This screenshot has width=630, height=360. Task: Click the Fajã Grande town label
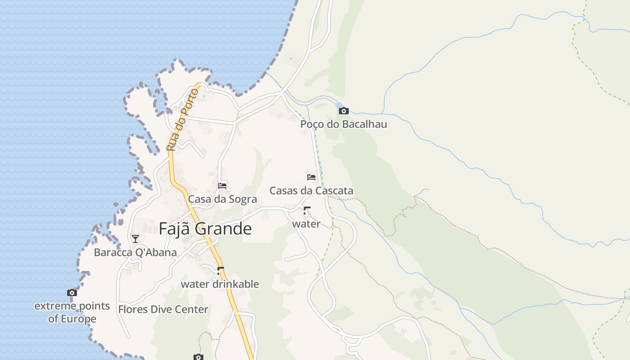coord(205,229)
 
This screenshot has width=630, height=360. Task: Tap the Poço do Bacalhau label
coord(343,124)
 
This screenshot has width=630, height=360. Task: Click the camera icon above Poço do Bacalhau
coord(344,111)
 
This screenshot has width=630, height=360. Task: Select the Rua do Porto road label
coord(182,120)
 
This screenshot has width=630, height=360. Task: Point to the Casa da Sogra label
coord(222,199)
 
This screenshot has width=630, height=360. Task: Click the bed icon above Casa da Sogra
coord(222,185)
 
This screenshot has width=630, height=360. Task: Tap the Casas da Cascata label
coord(311,191)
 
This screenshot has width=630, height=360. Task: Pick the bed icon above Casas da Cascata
coord(311,177)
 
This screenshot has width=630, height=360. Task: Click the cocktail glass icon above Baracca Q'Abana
coord(135,238)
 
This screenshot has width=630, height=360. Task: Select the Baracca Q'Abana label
coord(135,252)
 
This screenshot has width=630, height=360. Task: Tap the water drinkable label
coord(220,284)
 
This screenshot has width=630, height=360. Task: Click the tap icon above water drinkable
coord(220,270)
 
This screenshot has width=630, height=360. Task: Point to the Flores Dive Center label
coord(163,310)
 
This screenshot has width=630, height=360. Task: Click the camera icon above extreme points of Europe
coord(72,293)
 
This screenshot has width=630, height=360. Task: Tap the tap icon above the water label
coord(306,211)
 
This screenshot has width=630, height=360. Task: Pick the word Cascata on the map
coord(333,191)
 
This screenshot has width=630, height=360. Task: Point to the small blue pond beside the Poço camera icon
coord(338,105)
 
